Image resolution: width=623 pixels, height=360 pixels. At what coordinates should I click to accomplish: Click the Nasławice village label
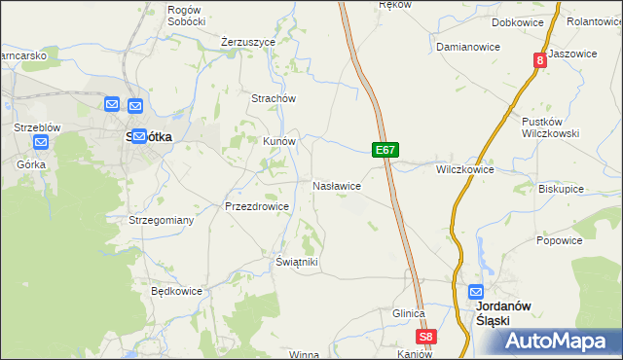click(337, 185)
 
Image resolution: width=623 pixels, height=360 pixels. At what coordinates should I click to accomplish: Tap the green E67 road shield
click(385, 150)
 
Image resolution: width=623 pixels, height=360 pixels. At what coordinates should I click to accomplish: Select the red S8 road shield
click(426, 337)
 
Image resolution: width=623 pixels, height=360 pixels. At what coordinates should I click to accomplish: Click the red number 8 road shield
click(539, 60)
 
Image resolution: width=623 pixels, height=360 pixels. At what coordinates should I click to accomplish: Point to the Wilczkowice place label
click(464, 169)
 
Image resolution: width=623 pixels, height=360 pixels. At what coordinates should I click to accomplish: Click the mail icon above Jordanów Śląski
click(476, 291)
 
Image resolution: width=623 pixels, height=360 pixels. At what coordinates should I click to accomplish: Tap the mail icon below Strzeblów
click(40, 143)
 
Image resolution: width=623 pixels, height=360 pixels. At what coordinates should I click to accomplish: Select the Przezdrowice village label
click(256, 206)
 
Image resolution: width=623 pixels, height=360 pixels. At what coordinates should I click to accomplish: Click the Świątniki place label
click(297, 262)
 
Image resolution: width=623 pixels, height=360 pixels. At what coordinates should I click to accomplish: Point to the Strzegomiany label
click(162, 220)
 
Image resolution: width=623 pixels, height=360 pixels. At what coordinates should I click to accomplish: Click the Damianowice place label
click(467, 47)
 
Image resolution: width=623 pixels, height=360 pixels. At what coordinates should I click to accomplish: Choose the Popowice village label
click(559, 240)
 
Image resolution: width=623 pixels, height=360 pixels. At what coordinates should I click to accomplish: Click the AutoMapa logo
click(557, 342)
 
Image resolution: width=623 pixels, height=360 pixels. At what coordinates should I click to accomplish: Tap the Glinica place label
click(409, 313)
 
